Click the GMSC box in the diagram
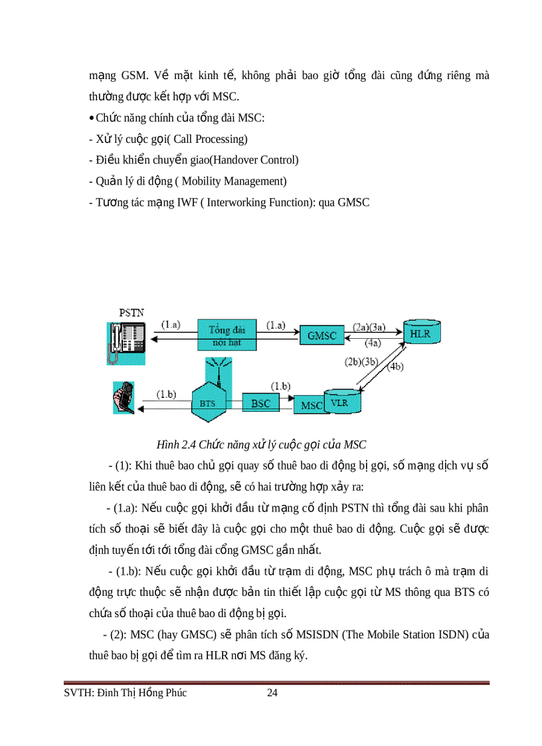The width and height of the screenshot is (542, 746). click(x=322, y=336)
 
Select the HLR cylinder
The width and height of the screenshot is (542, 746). click(x=420, y=333)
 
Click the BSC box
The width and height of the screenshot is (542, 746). click(x=260, y=403)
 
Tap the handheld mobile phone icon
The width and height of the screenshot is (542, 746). click(x=124, y=401)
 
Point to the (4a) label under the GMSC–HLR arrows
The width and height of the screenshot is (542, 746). click(x=373, y=343)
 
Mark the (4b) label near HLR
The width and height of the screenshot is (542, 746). click(x=395, y=367)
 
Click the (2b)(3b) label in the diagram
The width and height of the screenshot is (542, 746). click(x=361, y=362)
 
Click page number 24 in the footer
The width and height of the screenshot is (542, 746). click(x=272, y=694)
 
